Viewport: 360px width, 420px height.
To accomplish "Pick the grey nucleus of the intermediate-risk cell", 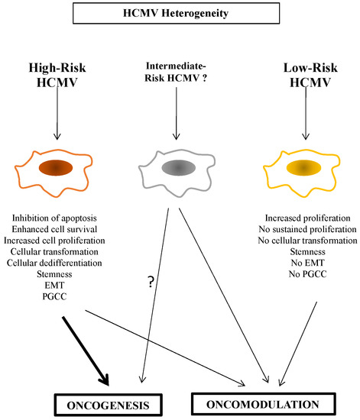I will pyautogui.click(x=177, y=167).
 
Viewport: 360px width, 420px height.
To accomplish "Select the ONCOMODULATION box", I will pyautogui.click(x=264, y=402).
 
